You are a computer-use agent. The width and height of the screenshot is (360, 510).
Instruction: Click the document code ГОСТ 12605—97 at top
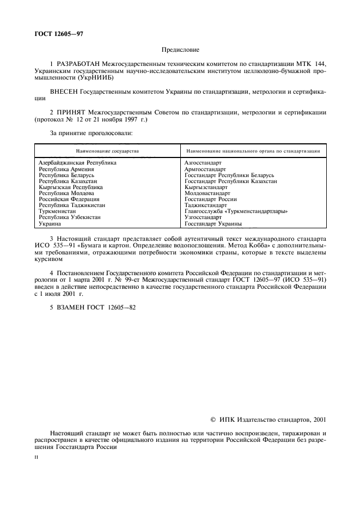(x=58, y=34)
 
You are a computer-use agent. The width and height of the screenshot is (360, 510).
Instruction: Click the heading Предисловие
(x=180, y=50)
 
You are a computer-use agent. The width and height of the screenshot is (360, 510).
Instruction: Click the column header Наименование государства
(x=107, y=150)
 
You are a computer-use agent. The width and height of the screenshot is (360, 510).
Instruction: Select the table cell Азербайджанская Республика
(x=77, y=162)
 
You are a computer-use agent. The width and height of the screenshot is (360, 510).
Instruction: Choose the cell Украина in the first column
(x=50, y=223)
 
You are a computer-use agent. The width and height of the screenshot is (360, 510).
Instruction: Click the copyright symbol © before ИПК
(x=212, y=420)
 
